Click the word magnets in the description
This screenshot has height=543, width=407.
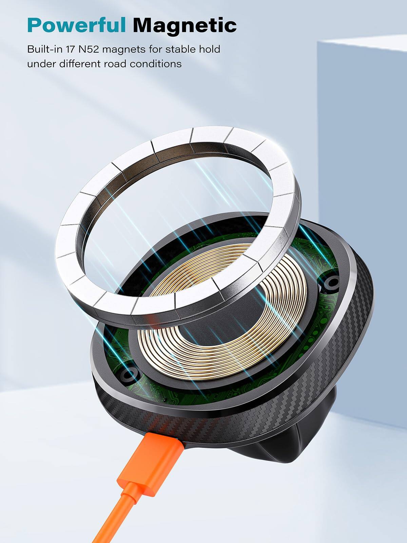pyautogui.click(x=124, y=50)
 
